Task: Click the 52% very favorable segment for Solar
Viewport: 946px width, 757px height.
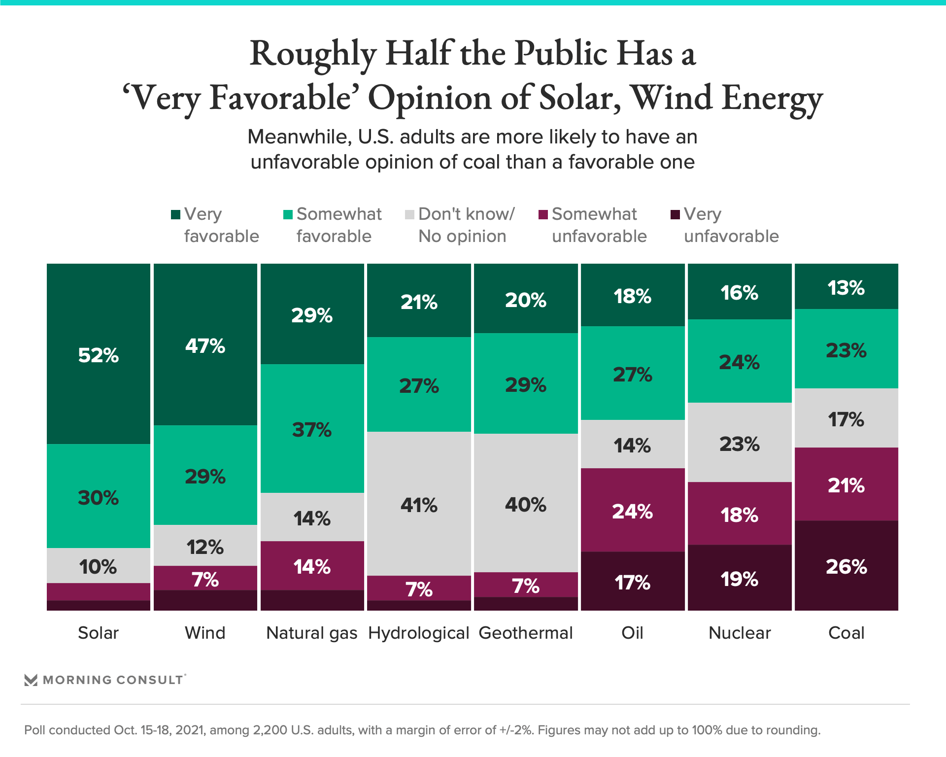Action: coord(99,355)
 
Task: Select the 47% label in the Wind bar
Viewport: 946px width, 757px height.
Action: coord(205,346)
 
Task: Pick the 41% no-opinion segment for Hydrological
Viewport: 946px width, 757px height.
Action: coord(419,505)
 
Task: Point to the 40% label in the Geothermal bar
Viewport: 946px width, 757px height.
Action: coord(526,505)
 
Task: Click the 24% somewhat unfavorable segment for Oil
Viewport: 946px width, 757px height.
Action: coord(632,512)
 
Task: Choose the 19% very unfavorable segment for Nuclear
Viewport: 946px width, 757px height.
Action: coord(739,579)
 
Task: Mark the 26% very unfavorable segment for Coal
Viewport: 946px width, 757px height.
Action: coord(846,567)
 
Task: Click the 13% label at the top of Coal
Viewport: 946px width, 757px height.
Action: coord(846,288)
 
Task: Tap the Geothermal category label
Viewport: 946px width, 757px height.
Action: coord(526,633)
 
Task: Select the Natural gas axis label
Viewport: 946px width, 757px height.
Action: coord(312,633)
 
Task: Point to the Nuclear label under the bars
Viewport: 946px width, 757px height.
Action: coord(740,633)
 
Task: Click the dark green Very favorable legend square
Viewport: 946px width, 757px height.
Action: coord(175,214)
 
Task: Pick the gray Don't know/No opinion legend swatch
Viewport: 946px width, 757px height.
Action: coord(409,214)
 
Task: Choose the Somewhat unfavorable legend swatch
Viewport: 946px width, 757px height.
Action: coord(543,214)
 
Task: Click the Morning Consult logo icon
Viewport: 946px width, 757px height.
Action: coord(31,680)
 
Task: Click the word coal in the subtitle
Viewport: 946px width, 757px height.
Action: coord(512,162)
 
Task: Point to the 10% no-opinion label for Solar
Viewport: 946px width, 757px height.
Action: coord(98,567)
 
